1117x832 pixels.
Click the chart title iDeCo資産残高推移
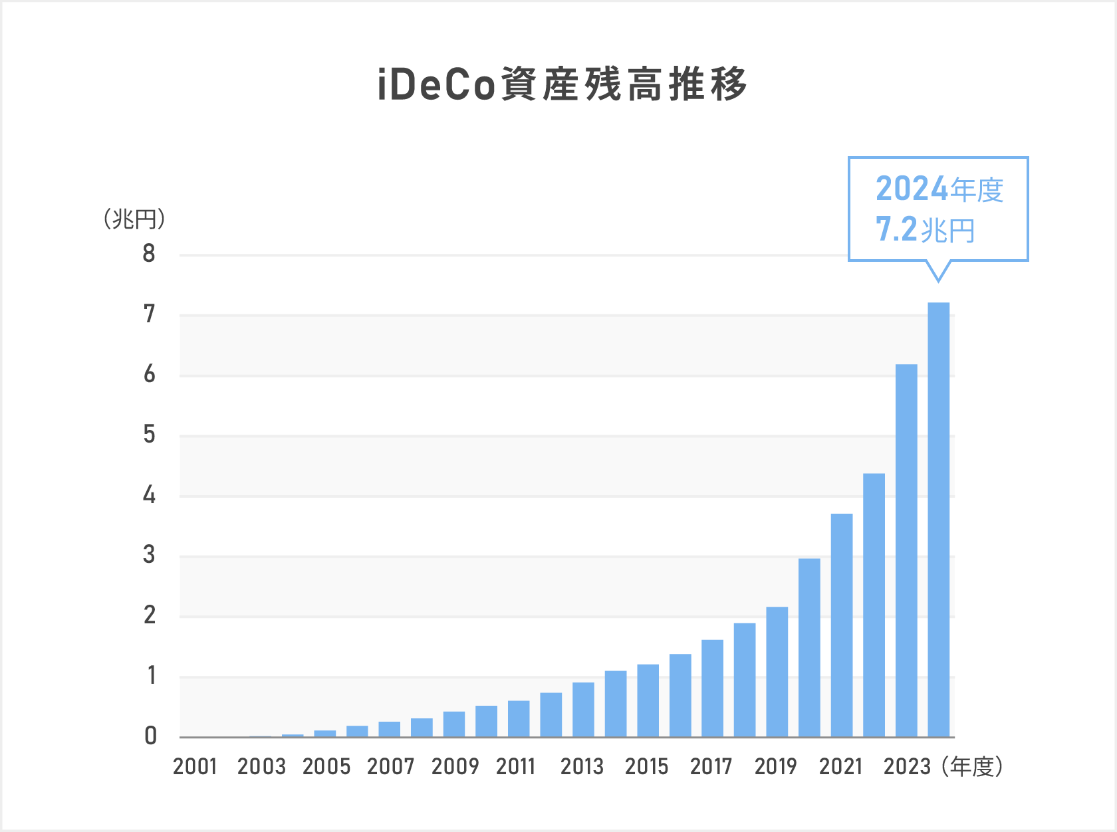(562, 85)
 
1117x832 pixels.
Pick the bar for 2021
(842, 625)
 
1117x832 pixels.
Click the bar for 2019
(777, 671)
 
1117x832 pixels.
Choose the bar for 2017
(712, 688)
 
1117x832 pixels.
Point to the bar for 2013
(583, 709)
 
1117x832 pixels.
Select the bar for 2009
(454, 724)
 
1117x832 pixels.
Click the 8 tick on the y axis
(149, 254)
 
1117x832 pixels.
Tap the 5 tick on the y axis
(149, 435)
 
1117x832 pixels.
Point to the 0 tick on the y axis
(150, 736)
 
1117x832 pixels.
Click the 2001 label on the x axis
(195, 767)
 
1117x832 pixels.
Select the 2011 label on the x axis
(515, 767)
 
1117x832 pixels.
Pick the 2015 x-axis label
(646, 767)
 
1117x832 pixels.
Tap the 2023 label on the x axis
(907, 767)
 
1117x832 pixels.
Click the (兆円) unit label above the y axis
(134, 219)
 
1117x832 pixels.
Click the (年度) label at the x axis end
(972, 767)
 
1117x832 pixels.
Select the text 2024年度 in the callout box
(939, 189)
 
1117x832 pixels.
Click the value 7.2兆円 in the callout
(925, 230)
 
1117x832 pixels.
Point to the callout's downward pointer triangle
(938, 271)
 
